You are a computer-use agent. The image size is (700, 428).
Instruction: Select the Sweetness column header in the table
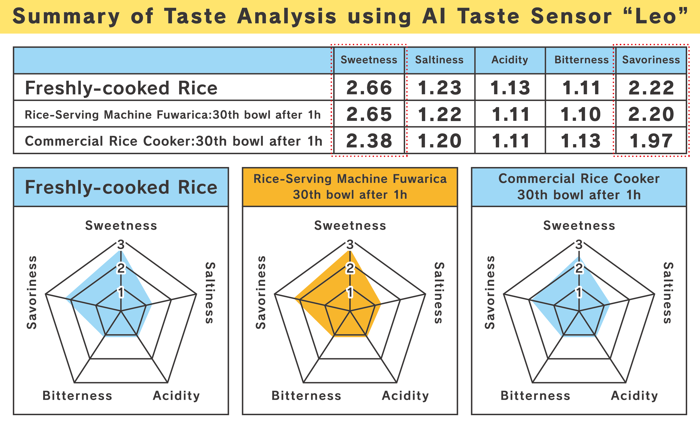pyautogui.click(x=369, y=60)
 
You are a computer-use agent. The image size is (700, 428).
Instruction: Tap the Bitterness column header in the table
pyautogui.click(x=581, y=60)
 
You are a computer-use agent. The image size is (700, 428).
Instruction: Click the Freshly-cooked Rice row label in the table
pyautogui.click(x=121, y=88)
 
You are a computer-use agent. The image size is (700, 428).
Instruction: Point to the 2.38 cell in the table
pyautogui.click(x=369, y=141)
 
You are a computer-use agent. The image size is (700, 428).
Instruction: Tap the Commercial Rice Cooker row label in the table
pyautogui.click(x=173, y=141)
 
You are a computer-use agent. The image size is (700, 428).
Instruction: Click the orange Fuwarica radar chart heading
pyautogui.click(x=350, y=187)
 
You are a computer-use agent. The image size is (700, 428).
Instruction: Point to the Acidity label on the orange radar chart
pyautogui.click(x=405, y=396)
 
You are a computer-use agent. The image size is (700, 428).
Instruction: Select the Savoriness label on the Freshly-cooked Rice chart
pyautogui.click(x=32, y=292)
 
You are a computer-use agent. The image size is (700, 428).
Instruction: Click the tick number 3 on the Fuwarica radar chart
pyautogui.click(x=350, y=244)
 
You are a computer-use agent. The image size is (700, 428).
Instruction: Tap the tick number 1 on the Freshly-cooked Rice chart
pyautogui.click(x=121, y=292)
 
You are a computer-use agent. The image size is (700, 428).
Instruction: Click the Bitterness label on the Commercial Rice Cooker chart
pyautogui.click(x=535, y=396)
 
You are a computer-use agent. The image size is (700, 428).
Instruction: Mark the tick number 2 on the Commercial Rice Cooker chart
pyautogui.click(x=579, y=268)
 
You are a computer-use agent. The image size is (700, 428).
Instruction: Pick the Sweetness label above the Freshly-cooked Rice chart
pyautogui.click(x=121, y=226)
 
